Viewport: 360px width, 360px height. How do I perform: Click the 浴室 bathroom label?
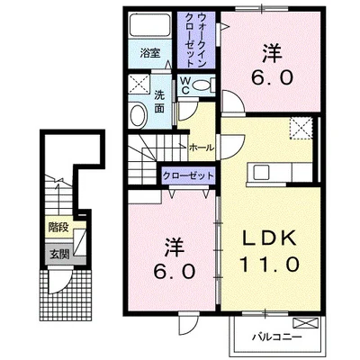click(150, 54)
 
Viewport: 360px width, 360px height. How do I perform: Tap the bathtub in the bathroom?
click(150, 25)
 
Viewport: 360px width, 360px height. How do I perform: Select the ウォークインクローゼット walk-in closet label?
click(196, 40)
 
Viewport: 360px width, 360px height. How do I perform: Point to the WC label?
click(185, 85)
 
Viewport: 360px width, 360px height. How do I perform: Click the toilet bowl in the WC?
click(202, 85)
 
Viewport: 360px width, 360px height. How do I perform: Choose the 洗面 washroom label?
click(159, 103)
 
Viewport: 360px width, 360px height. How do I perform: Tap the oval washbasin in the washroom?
click(138, 115)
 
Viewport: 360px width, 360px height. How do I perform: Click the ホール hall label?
click(202, 148)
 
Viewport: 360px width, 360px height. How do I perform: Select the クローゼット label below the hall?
click(188, 175)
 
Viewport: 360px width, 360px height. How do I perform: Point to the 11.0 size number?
click(270, 265)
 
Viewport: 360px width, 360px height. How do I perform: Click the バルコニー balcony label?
click(275, 337)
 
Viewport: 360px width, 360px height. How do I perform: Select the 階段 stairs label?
click(59, 228)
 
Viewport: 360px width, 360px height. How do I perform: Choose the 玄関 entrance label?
click(59, 255)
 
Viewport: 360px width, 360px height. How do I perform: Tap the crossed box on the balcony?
click(305, 323)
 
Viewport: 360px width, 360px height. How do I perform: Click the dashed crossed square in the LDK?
click(301, 129)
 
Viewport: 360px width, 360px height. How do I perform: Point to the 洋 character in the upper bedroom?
click(272, 53)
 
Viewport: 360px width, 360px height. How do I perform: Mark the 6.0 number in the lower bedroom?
click(175, 272)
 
